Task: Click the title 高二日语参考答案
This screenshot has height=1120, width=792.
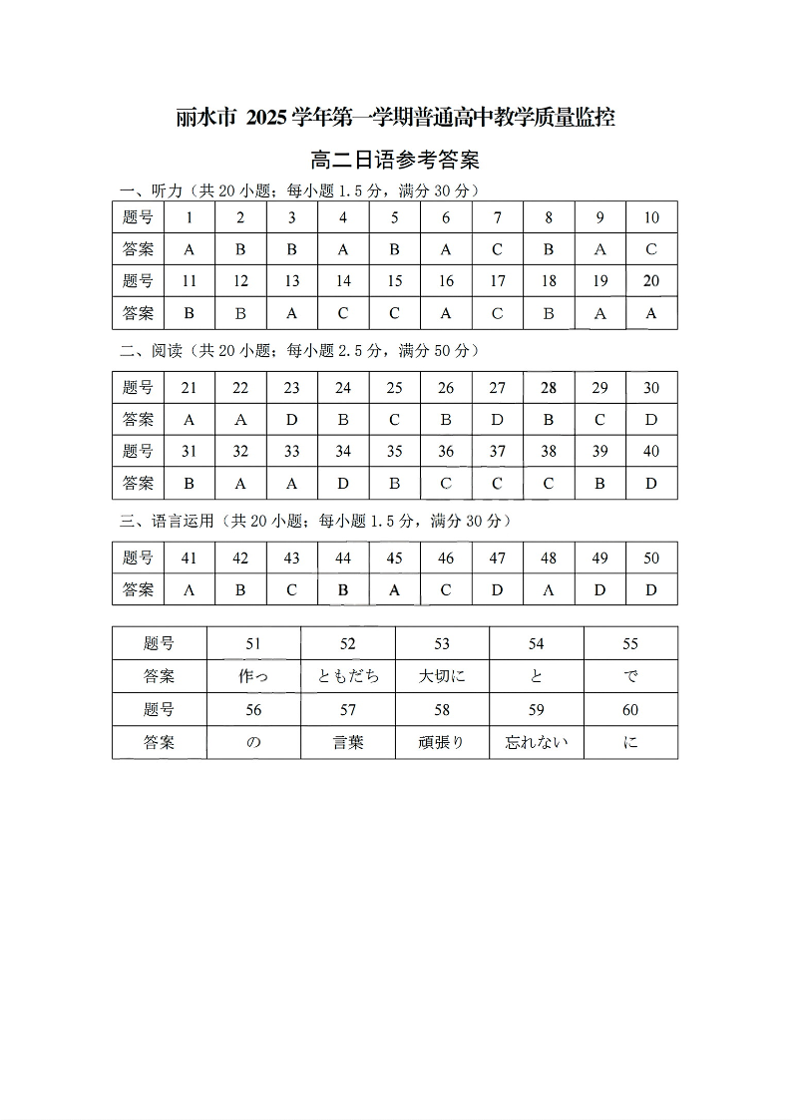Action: [396, 160]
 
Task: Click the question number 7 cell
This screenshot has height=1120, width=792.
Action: [498, 217]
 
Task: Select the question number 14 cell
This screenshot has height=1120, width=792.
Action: [343, 281]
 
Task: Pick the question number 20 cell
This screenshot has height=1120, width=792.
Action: [651, 281]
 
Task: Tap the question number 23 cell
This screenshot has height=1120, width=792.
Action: [292, 388]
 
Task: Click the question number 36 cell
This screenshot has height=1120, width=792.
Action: [446, 452]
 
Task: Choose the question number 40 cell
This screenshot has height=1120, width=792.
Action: [651, 452]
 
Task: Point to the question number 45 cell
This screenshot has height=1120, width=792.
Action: [395, 559]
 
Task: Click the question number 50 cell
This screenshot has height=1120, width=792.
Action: [651, 559]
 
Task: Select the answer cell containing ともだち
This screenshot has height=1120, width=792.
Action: [348, 676]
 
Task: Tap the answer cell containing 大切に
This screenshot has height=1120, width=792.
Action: [442, 676]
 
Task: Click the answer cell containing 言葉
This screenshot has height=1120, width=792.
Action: [348, 742]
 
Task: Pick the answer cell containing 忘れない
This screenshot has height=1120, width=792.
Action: [537, 742]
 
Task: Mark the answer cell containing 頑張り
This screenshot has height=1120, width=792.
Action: [442, 742]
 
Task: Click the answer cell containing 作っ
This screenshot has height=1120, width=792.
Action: [253, 676]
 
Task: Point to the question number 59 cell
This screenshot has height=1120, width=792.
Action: [537, 710]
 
